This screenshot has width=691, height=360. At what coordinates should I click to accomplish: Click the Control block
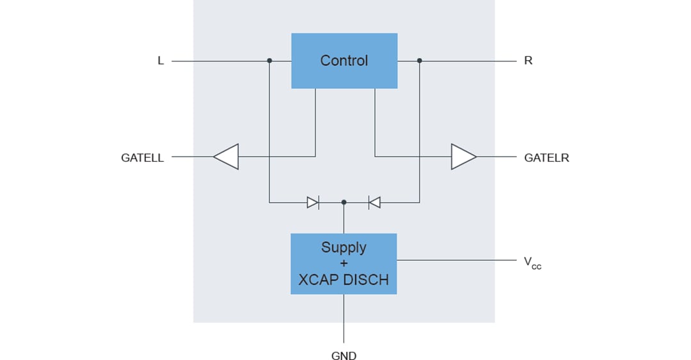344,61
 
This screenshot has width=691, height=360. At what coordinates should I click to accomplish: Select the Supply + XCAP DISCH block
344,263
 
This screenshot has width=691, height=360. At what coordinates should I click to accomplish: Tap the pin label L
161,61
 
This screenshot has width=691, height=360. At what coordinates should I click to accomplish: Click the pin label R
528,61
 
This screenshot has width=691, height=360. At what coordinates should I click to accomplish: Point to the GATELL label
142,157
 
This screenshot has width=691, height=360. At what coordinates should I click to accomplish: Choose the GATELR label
546,157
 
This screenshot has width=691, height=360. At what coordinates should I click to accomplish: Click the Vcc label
532,262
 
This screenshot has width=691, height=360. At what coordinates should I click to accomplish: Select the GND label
344,355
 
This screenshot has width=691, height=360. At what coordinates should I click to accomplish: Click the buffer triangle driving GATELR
463,157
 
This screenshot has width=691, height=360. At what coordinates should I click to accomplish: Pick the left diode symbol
313,203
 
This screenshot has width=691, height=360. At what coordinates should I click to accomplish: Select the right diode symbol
374,203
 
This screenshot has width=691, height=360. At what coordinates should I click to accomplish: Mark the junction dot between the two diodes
344,202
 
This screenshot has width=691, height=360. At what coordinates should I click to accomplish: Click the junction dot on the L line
269,61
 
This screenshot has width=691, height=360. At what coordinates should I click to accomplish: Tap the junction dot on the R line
420,61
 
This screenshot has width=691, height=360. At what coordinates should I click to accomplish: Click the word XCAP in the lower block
319,280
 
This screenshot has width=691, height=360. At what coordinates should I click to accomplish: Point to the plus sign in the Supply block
344,263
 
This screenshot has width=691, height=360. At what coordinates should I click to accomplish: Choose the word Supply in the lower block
344,247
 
